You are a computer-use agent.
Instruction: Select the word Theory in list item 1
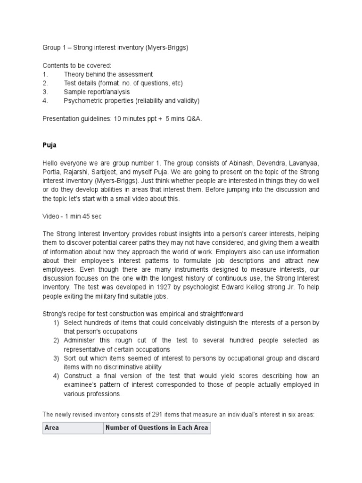point(74,75)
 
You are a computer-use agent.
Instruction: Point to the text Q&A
point(193,118)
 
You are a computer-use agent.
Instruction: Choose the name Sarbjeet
point(129,172)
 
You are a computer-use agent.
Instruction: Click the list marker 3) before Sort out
point(56,358)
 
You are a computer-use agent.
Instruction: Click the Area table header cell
point(73,428)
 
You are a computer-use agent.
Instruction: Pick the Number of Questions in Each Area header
point(156,428)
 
